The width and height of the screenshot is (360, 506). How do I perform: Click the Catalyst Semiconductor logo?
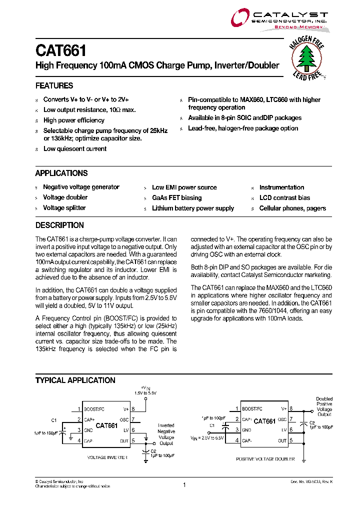[279, 20]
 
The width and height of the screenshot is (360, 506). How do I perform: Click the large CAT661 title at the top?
[60, 50]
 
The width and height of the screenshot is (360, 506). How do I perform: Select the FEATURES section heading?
[54, 85]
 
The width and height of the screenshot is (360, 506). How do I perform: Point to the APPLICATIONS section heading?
[61, 173]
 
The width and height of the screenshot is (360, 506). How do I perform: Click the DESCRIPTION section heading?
[59, 225]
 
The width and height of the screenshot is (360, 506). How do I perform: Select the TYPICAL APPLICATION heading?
[75, 380]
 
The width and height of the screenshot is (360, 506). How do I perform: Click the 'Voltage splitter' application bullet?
[64, 208]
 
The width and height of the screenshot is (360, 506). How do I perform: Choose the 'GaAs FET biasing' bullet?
[176, 197]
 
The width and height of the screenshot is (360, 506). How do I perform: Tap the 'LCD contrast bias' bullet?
[284, 197]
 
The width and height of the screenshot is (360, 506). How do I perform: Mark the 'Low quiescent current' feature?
[74, 148]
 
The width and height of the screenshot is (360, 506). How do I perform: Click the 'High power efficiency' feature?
[73, 120]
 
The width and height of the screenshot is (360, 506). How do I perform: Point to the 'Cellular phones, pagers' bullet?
[292, 208]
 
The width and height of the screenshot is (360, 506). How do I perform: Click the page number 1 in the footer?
[184, 484]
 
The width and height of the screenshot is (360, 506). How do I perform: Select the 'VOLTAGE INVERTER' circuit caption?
[107, 457]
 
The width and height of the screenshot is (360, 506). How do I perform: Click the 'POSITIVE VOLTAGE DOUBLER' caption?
[265, 458]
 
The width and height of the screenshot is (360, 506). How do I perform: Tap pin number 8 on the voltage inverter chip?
[133, 408]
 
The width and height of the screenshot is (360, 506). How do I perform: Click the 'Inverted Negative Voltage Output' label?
[166, 434]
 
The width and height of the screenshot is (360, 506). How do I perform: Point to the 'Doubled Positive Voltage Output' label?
[324, 406]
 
